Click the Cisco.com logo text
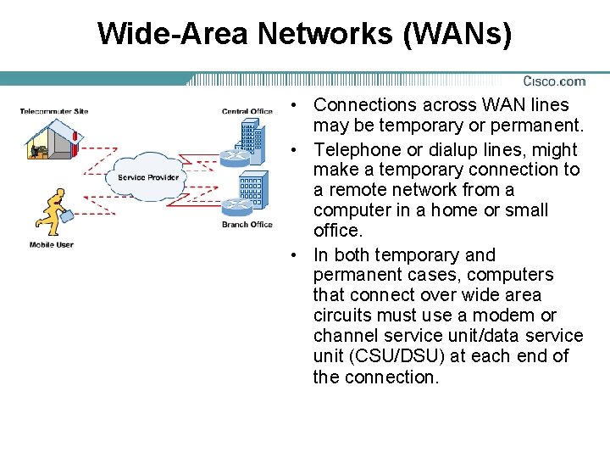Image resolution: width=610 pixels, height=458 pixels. pos(554,81)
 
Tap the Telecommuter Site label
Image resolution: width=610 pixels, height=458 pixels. pos(54,111)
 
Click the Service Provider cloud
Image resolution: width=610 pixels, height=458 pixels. pos(147,176)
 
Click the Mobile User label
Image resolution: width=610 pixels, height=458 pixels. pos(52,244)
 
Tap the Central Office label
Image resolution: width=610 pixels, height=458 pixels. pos(247,111)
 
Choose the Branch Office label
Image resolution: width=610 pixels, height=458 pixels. pos(247,225)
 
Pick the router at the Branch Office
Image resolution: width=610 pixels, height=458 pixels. pos(234,206)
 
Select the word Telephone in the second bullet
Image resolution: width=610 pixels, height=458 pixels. pos(353,150)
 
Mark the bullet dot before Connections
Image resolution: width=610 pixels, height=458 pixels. pos(291,106)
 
